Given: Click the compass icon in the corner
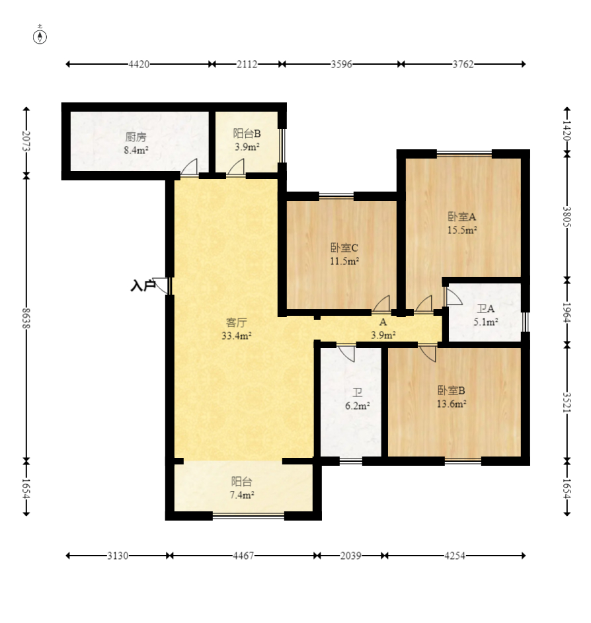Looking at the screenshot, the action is [40, 37].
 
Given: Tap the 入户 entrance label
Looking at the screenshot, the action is [143, 285].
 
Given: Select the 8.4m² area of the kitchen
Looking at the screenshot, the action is [136, 150].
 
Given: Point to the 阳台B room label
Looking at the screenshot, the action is [247, 133].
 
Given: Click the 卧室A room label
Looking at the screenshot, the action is [462, 217].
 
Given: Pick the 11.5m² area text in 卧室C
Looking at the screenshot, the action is [344, 261].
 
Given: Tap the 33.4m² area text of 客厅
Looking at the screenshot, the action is [237, 336].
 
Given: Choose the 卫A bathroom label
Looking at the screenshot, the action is [486, 309].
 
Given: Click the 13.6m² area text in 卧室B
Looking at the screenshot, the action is [452, 404].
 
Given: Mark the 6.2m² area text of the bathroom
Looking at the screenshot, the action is [358, 406].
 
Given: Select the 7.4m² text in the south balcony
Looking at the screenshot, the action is [242, 495].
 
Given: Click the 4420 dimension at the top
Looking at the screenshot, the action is [139, 64].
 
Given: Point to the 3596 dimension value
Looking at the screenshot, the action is [341, 64].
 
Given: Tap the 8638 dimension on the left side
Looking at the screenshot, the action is [26, 318].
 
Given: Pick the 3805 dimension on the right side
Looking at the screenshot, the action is [567, 217].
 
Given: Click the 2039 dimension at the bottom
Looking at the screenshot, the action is [350, 556].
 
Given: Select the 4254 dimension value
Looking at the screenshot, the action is [455, 556].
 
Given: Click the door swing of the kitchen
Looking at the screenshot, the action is [189, 167].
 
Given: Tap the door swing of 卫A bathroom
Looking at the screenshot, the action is [453, 297].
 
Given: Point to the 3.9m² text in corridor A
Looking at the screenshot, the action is [383, 336].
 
